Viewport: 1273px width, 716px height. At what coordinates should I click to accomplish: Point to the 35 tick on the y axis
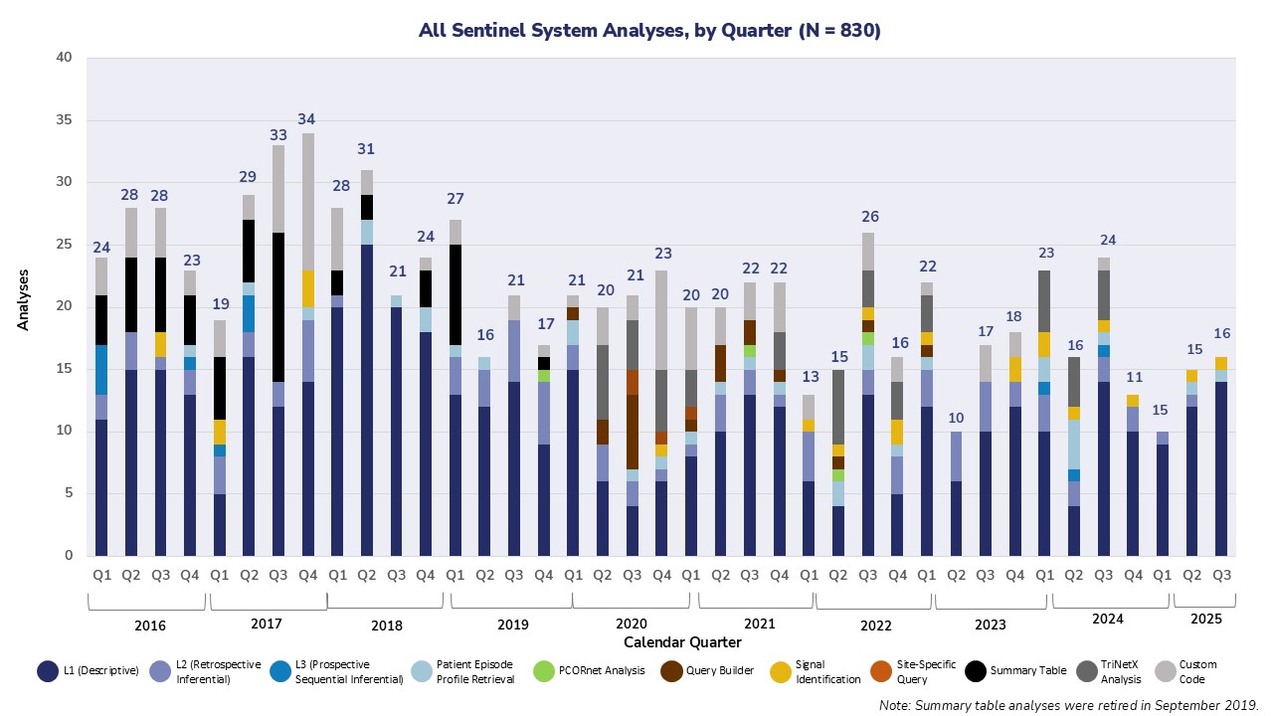pyautogui.click(x=65, y=120)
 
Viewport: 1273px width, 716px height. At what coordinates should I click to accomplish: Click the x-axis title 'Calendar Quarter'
pyautogui.click(x=682, y=642)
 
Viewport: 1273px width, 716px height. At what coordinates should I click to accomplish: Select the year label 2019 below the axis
pyautogui.click(x=512, y=625)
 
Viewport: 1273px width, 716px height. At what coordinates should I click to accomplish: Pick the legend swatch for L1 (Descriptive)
pyautogui.click(x=47, y=671)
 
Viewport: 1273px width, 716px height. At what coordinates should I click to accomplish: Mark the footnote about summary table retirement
pyautogui.click(x=1068, y=704)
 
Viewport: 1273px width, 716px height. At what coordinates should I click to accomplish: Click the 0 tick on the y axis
pyautogui.click(x=68, y=555)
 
